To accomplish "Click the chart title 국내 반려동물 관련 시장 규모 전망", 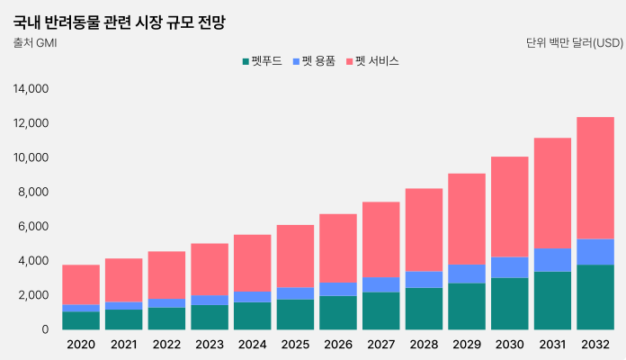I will tap(119, 22).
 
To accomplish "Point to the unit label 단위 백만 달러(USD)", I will tap(574, 42).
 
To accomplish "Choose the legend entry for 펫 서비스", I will tap(372, 61).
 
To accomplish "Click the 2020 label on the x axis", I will tap(81, 344).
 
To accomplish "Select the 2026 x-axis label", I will tap(338, 344).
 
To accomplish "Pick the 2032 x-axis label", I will tap(595, 344).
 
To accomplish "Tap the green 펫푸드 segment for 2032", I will tap(595, 297).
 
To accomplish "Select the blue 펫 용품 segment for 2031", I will tap(552, 259).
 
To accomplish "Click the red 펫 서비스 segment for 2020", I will tap(81, 284).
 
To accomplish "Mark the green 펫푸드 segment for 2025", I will tap(295, 314).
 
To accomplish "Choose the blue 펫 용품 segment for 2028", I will tap(424, 279).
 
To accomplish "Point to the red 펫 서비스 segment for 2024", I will tap(253, 263).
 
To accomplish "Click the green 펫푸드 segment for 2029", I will tap(467, 306).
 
